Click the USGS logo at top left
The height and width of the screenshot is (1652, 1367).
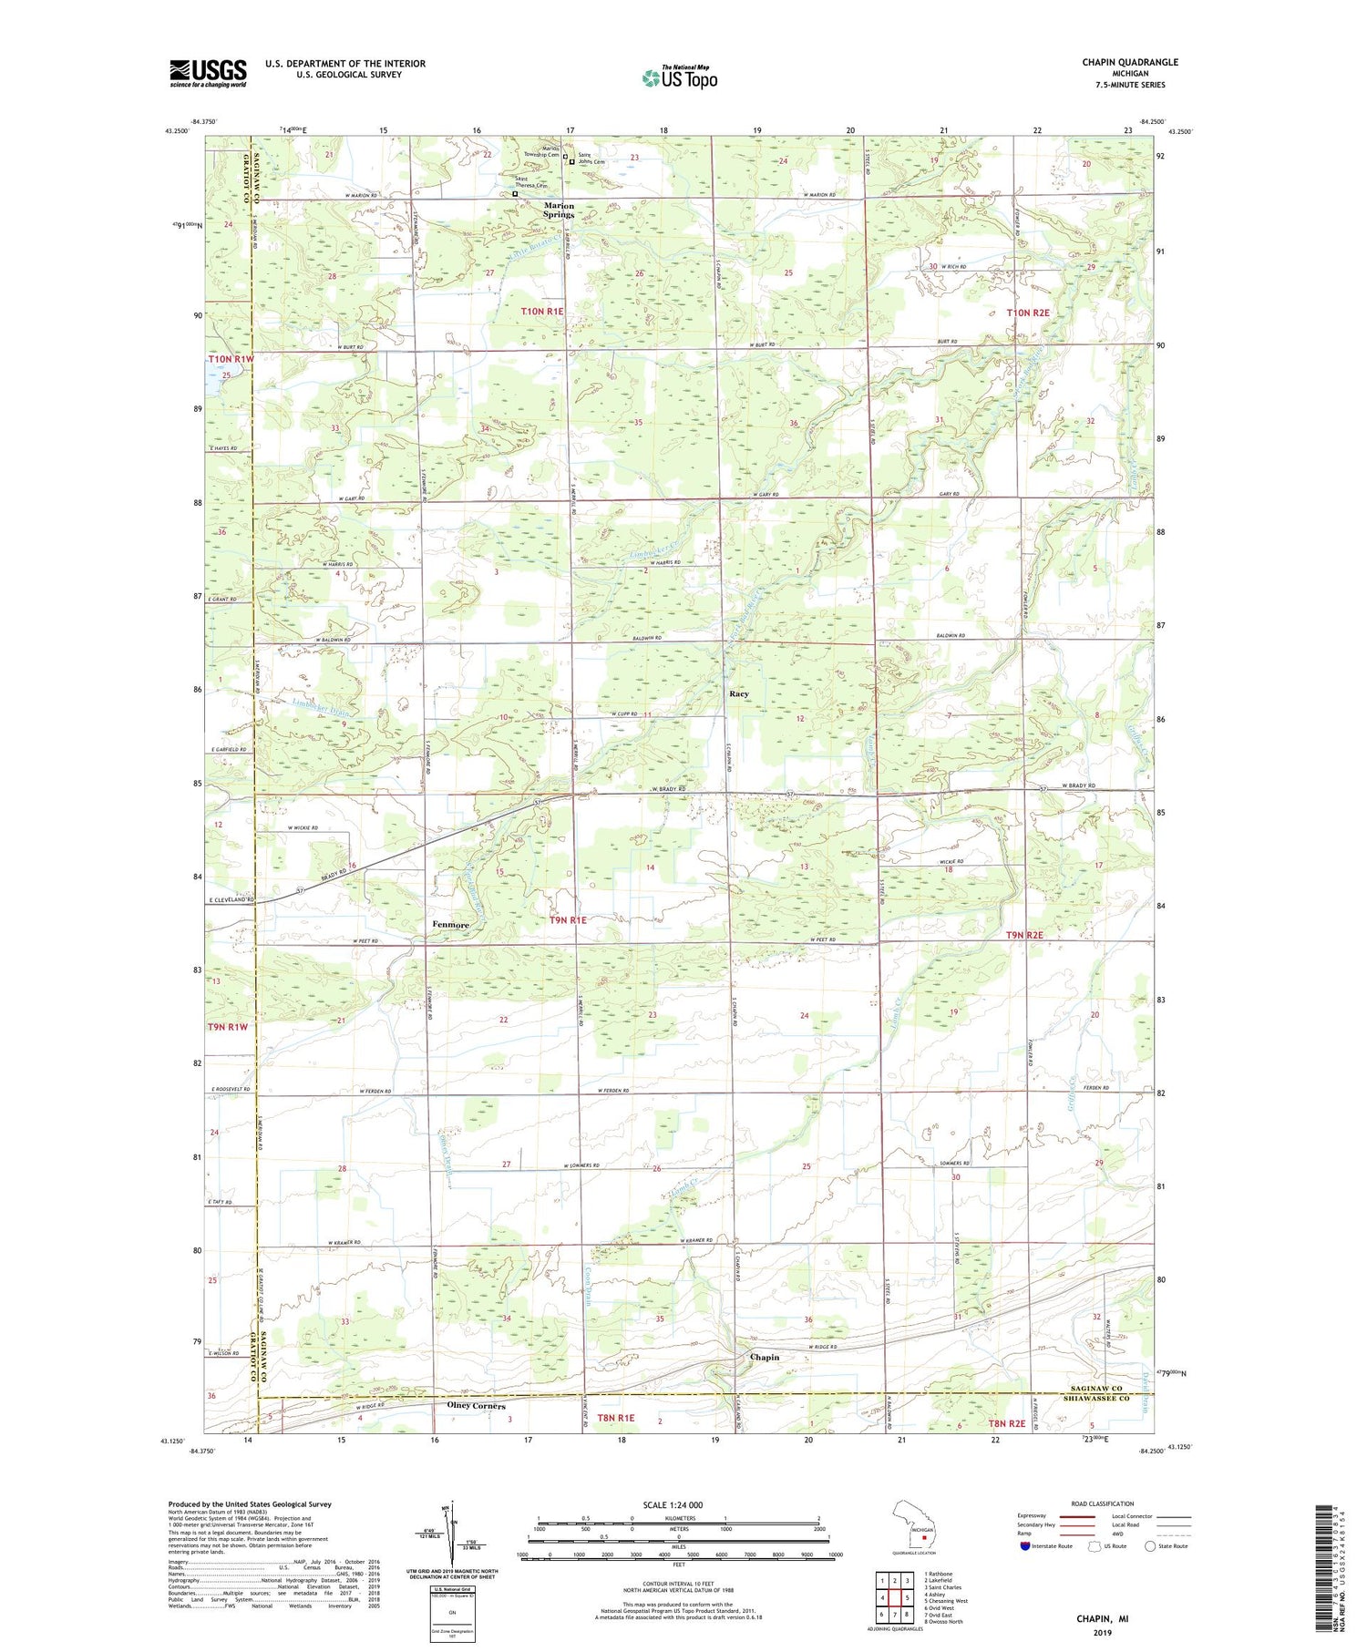pyautogui.click(x=208, y=73)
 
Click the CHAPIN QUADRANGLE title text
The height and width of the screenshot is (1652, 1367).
pyautogui.click(x=1129, y=62)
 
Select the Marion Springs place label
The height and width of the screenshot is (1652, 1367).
pyautogui.click(x=559, y=210)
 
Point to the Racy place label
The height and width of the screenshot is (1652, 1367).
pyautogui.click(x=738, y=693)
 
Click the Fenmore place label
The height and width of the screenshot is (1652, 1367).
pyautogui.click(x=450, y=925)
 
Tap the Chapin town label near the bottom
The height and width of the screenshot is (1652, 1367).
pyautogui.click(x=764, y=1357)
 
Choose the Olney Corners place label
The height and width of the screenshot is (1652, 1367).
pyautogui.click(x=476, y=1406)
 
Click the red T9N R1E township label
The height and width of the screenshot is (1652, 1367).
pyautogui.click(x=567, y=921)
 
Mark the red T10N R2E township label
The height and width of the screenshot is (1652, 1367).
pyautogui.click(x=1028, y=313)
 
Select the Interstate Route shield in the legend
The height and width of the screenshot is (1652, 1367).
pyautogui.click(x=1024, y=1546)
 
